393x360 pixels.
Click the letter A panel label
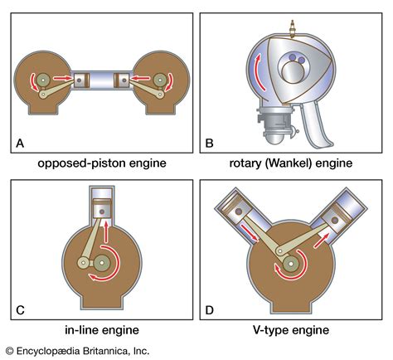[x=20, y=144]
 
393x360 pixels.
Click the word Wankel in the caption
[x=302, y=163]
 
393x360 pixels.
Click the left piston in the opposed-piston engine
[x=80, y=81]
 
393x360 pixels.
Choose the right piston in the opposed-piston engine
[x=123, y=81]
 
